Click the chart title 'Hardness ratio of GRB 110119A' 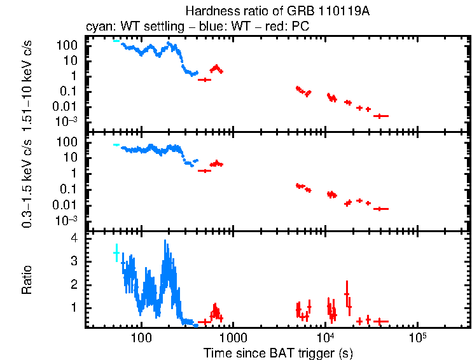pos(278,11)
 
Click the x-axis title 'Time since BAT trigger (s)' pos(278,352)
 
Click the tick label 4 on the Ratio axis pos(74,238)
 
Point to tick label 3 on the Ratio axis pos(74,261)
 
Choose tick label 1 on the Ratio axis pos(74,307)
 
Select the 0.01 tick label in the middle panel pos(67,205)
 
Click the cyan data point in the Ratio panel pos(116,253)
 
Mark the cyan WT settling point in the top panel pos(116,41)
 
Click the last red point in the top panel pos(380,116)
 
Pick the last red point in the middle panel pos(380,209)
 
